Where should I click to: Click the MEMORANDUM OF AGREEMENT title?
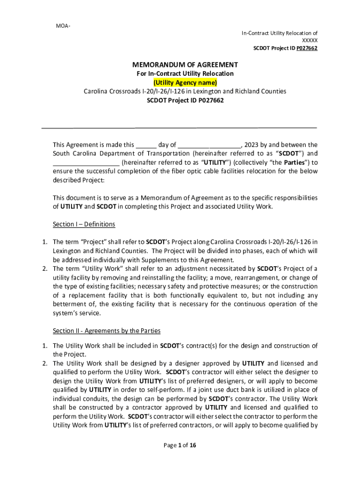pos(185,65)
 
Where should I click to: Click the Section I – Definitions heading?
pos(84,225)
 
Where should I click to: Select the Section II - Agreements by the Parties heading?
pos(107,331)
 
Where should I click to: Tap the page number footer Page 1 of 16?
pos(180,445)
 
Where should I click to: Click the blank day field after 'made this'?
pos(146,145)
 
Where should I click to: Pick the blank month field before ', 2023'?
pos(209,145)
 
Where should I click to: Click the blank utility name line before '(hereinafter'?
pos(86,163)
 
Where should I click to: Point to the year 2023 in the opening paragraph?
pos(252,145)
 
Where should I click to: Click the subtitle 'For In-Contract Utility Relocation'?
pos(185,74)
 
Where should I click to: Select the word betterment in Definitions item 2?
pos(71,305)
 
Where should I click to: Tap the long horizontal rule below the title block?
pos(180,127)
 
